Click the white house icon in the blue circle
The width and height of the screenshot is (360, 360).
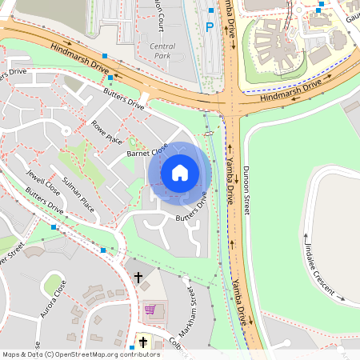180,173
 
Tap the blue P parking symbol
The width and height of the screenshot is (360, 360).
210,27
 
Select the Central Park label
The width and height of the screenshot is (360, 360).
162,52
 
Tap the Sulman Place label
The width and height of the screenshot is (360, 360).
78,196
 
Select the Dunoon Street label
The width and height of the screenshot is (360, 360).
246,188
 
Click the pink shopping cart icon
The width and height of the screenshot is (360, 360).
150,310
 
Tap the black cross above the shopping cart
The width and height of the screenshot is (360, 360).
138,277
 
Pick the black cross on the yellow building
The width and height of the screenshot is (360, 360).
143,342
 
